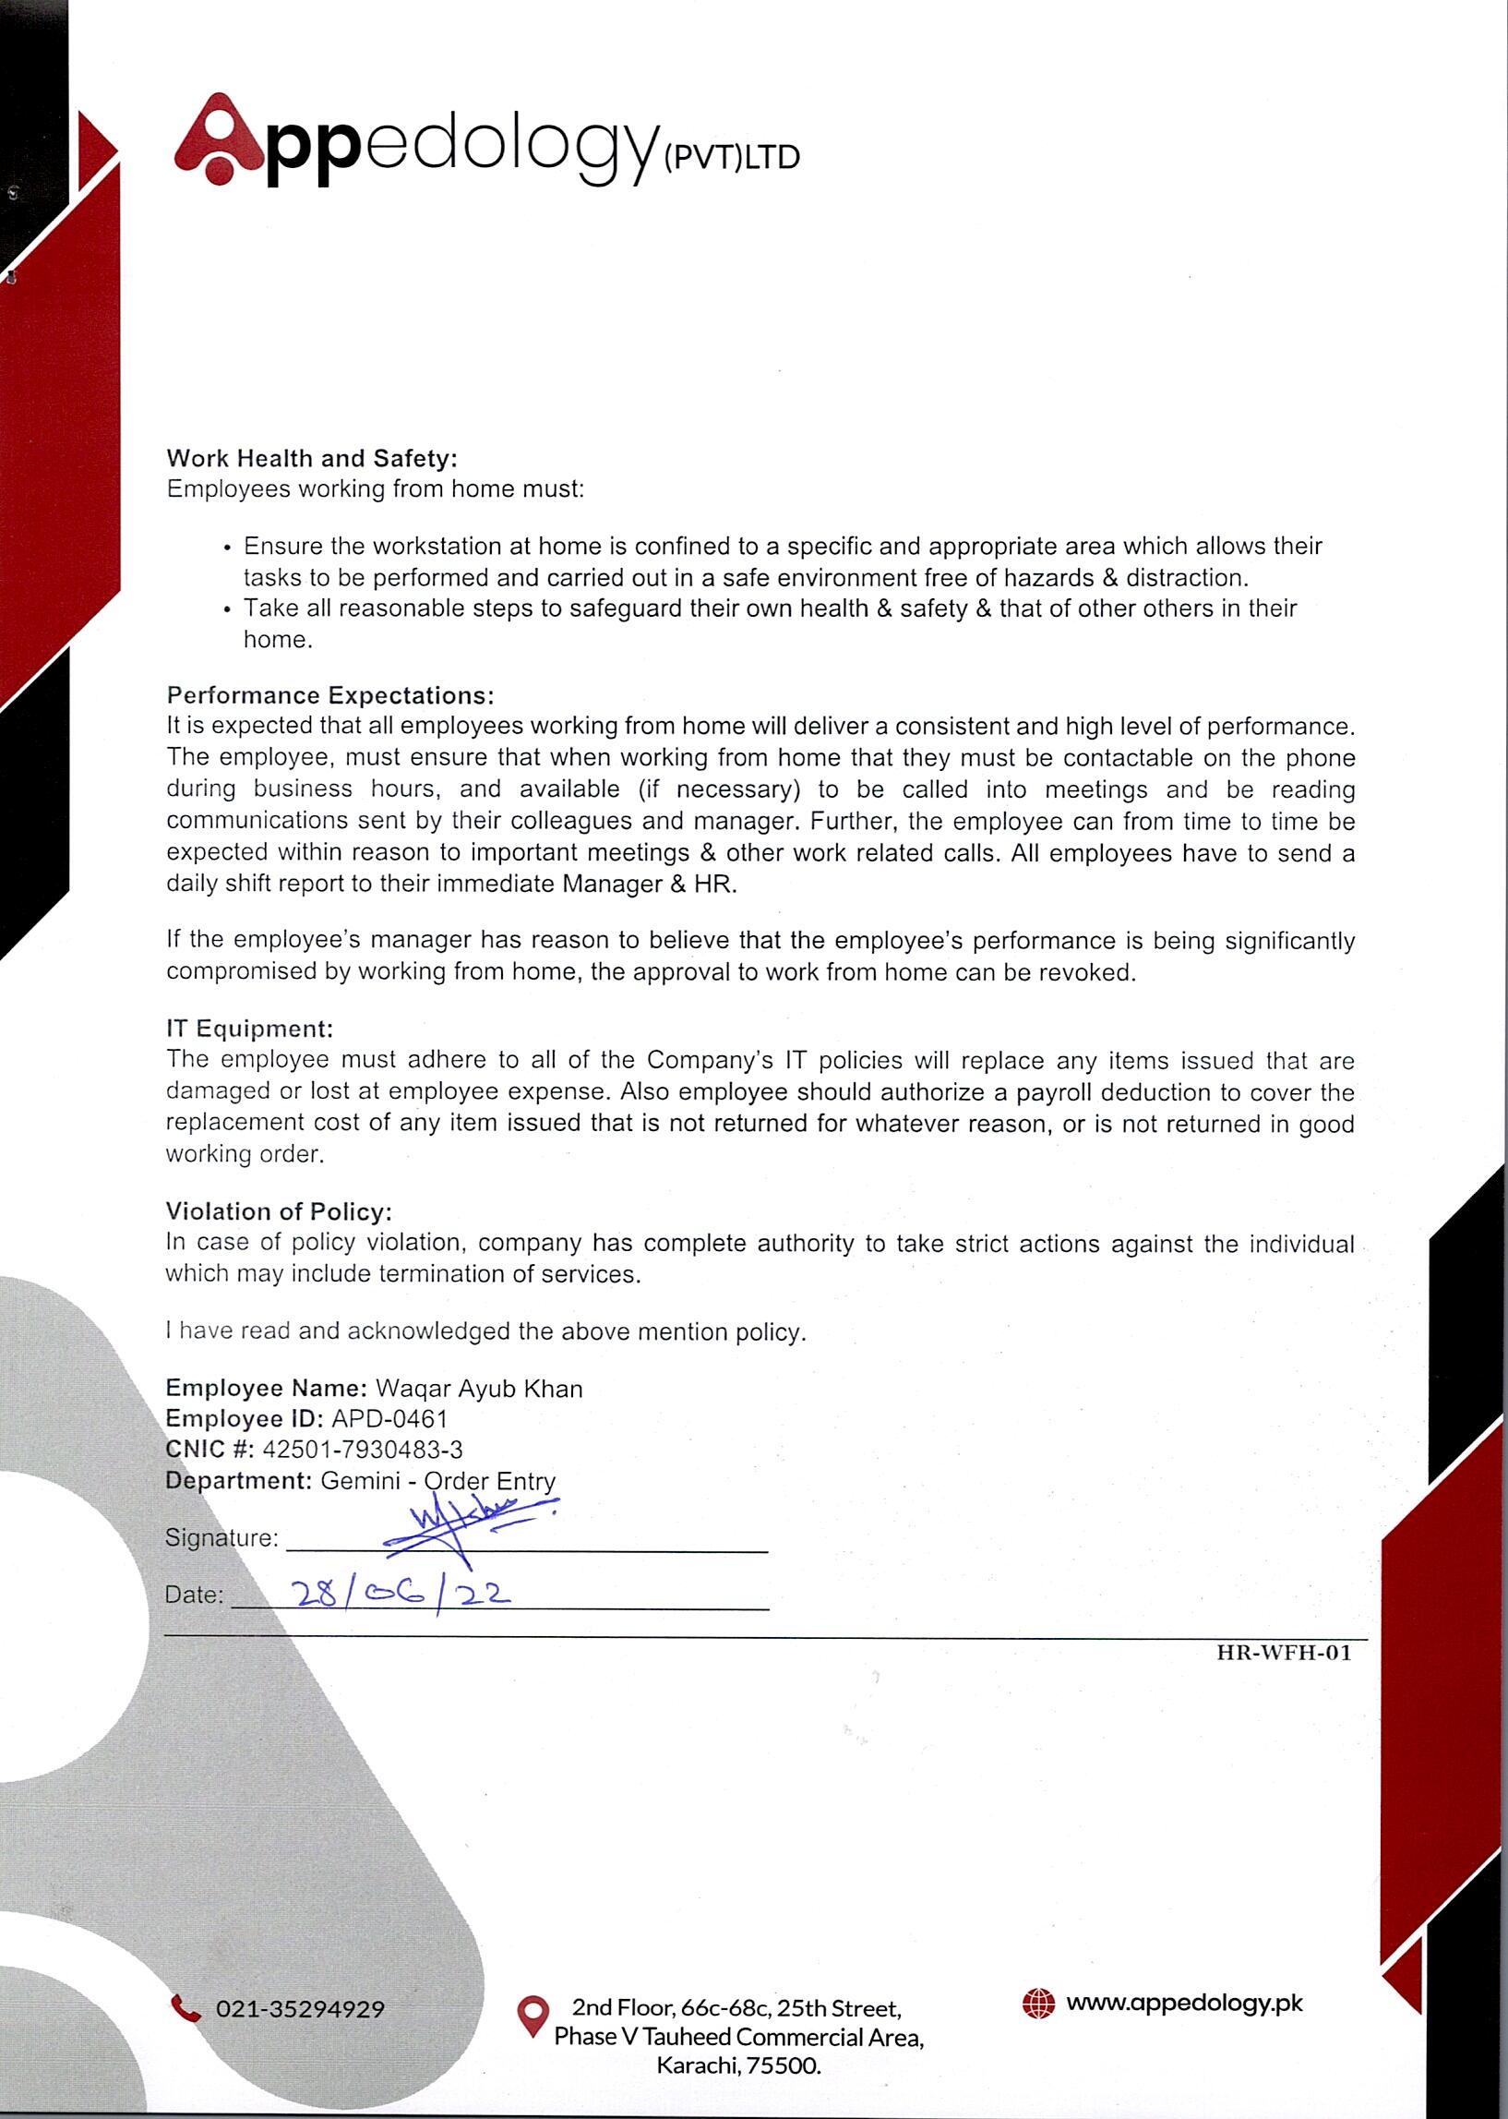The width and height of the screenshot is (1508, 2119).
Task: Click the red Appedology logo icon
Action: coord(219,139)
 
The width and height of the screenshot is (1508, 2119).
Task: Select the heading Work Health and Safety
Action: coord(312,458)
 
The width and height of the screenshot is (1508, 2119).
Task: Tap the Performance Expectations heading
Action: coord(330,695)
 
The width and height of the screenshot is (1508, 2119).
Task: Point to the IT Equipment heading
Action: coord(249,1029)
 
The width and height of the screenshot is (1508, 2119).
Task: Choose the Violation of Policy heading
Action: coord(279,1211)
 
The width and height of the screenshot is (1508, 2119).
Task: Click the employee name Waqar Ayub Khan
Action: coord(479,1389)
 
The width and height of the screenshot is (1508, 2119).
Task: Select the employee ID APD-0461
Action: coord(389,1419)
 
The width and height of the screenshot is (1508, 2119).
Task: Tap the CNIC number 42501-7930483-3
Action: coord(362,1451)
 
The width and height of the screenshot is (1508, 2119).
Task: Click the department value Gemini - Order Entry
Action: coord(438,1481)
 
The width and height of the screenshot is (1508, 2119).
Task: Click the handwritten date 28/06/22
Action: coord(401,1595)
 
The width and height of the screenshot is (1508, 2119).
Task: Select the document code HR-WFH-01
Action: coord(1285,1653)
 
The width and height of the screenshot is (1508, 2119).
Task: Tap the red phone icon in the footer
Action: coord(186,2008)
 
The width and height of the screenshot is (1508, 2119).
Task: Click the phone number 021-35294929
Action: coord(300,2009)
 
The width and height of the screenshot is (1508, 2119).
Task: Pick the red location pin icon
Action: coord(533,2017)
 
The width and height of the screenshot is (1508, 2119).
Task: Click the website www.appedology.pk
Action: coord(1184,2003)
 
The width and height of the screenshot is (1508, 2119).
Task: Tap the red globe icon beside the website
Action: coord(1038,2004)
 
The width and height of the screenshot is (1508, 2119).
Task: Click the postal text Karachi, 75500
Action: coord(739,2066)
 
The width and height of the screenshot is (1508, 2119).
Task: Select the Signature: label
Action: coord(221,1537)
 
